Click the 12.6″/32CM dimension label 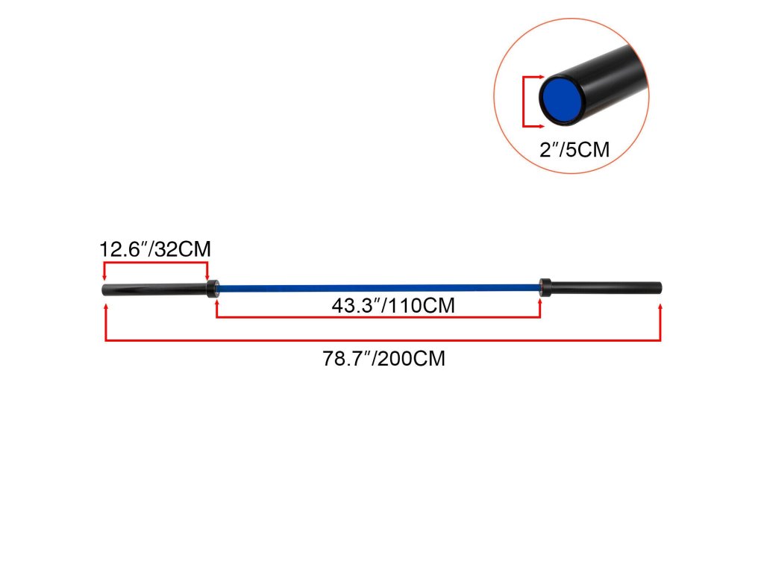pyautogui.click(x=155, y=249)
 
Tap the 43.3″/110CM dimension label pyautogui.click(x=393, y=306)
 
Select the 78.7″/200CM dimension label pyautogui.click(x=383, y=358)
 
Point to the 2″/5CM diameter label pyautogui.click(x=574, y=150)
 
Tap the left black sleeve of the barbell pyautogui.click(x=154, y=289)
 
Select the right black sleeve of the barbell pyautogui.click(x=606, y=287)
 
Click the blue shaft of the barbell pyautogui.click(x=378, y=286)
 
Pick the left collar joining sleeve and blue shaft pyautogui.click(x=212, y=287)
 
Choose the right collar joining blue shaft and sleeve pyautogui.click(x=545, y=286)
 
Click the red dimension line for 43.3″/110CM pyautogui.click(x=378, y=318)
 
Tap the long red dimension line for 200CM pyautogui.click(x=383, y=341)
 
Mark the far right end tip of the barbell pyautogui.click(x=660, y=287)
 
